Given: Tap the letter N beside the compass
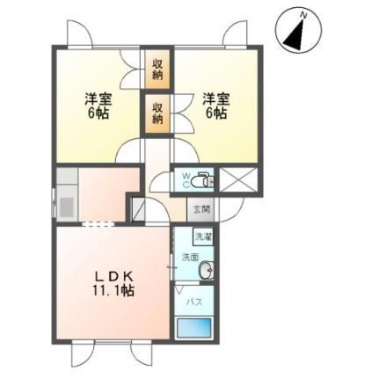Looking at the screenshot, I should [x=302, y=13].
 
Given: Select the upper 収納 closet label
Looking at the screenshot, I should [x=157, y=69].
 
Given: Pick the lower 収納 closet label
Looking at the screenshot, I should [x=157, y=113].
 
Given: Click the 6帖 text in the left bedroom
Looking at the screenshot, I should [x=97, y=115].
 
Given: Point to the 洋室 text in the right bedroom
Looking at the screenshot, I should [x=216, y=98].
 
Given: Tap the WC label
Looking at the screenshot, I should [x=186, y=179].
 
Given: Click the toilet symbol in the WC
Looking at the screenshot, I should [x=202, y=179].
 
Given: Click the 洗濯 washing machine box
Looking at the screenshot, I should [x=203, y=237].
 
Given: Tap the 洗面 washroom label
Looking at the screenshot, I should [x=190, y=259].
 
